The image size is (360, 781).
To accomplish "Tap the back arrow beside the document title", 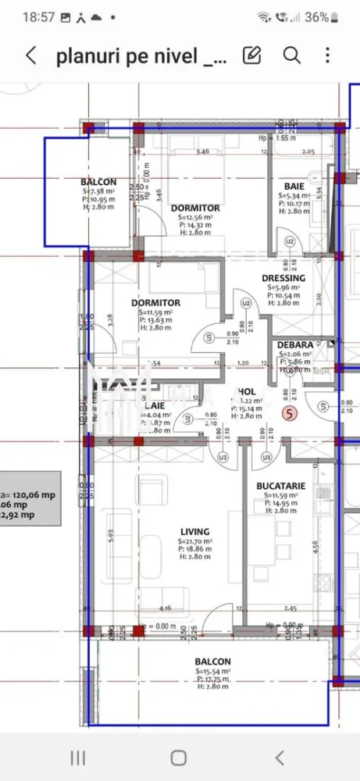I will [x=31, y=55].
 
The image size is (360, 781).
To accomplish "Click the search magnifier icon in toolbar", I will [x=291, y=55].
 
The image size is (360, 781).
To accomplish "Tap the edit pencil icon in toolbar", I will [x=251, y=55].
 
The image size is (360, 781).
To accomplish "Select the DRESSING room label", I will [x=283, y=278].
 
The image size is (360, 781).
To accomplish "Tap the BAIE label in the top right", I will [x=294, y=186].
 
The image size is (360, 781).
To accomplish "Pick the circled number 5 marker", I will [x=290, y=415].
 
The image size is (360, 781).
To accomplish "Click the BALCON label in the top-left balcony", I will [x=98, y=182].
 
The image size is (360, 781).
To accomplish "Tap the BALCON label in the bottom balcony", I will [x=213, y=662].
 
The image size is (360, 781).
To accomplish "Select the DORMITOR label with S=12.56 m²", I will [x=195, y=209].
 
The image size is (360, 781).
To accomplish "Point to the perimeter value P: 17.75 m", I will [x=213, y=679].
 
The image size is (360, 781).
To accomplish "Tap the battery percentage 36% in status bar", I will [x=316, y=16].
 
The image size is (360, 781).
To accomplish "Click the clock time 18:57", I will [x=38, y=16].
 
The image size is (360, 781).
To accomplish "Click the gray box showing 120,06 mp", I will [x=27, y=496].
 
